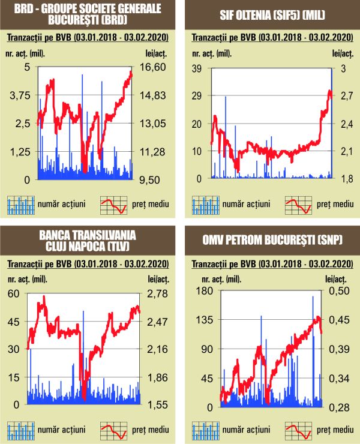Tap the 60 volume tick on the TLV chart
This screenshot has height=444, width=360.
pos(13,293)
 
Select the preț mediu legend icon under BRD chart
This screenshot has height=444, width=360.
pos(113,205)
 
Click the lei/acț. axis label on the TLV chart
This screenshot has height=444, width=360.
pos(153,279)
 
